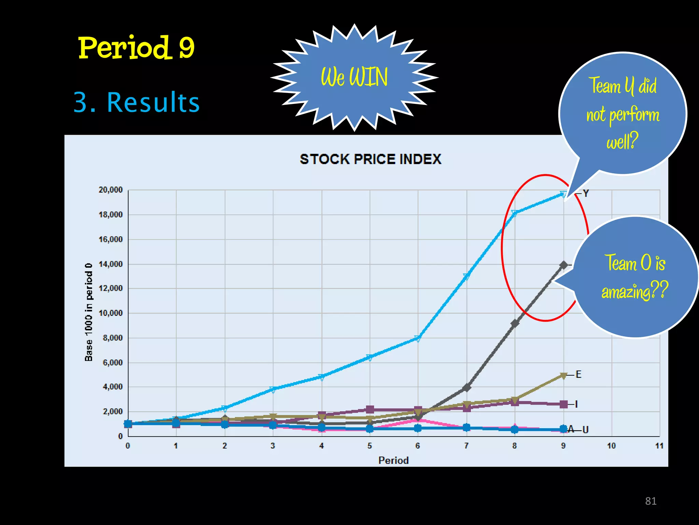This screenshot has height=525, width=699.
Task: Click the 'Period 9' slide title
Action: [x=136, y=48]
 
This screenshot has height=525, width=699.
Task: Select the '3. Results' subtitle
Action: [x=137, y=102]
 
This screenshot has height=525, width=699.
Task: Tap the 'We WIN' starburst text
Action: [x=354, y=77]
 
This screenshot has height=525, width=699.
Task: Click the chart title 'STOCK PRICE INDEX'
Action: [x=370, y=159]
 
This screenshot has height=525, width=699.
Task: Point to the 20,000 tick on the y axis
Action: [x=111, y=190]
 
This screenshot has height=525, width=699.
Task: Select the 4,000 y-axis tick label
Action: [x=113, y=387]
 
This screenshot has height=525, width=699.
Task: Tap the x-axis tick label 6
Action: [x=418, y=446]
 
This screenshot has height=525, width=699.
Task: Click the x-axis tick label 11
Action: [x=659, y=446]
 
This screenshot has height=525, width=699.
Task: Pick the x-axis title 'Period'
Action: [x=393, y=460]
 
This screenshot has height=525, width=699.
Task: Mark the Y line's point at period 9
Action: [x=564, y=194]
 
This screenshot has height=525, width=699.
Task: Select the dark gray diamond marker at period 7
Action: [x=467, y=388]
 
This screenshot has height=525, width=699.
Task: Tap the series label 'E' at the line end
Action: [x=579, y=375]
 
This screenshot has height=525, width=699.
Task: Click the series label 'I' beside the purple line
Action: [x=576, y=404]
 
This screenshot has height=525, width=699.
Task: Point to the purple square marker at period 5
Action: [x=370, y=409]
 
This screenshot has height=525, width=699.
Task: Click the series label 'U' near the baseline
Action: [x=585, y=430]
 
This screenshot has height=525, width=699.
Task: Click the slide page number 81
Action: [x=651, y=501]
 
